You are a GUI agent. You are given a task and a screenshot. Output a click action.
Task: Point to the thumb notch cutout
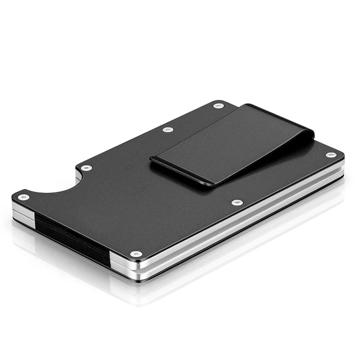[56, 184]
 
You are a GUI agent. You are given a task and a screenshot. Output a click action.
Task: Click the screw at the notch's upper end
[85, 168]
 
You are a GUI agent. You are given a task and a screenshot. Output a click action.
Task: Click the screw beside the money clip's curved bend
[331, 155]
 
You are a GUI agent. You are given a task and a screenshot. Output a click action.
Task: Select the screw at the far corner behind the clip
[219, 106]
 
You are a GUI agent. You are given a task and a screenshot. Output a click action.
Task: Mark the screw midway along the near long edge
[237, 202]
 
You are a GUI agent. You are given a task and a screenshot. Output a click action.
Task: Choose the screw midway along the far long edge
[168, 130]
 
